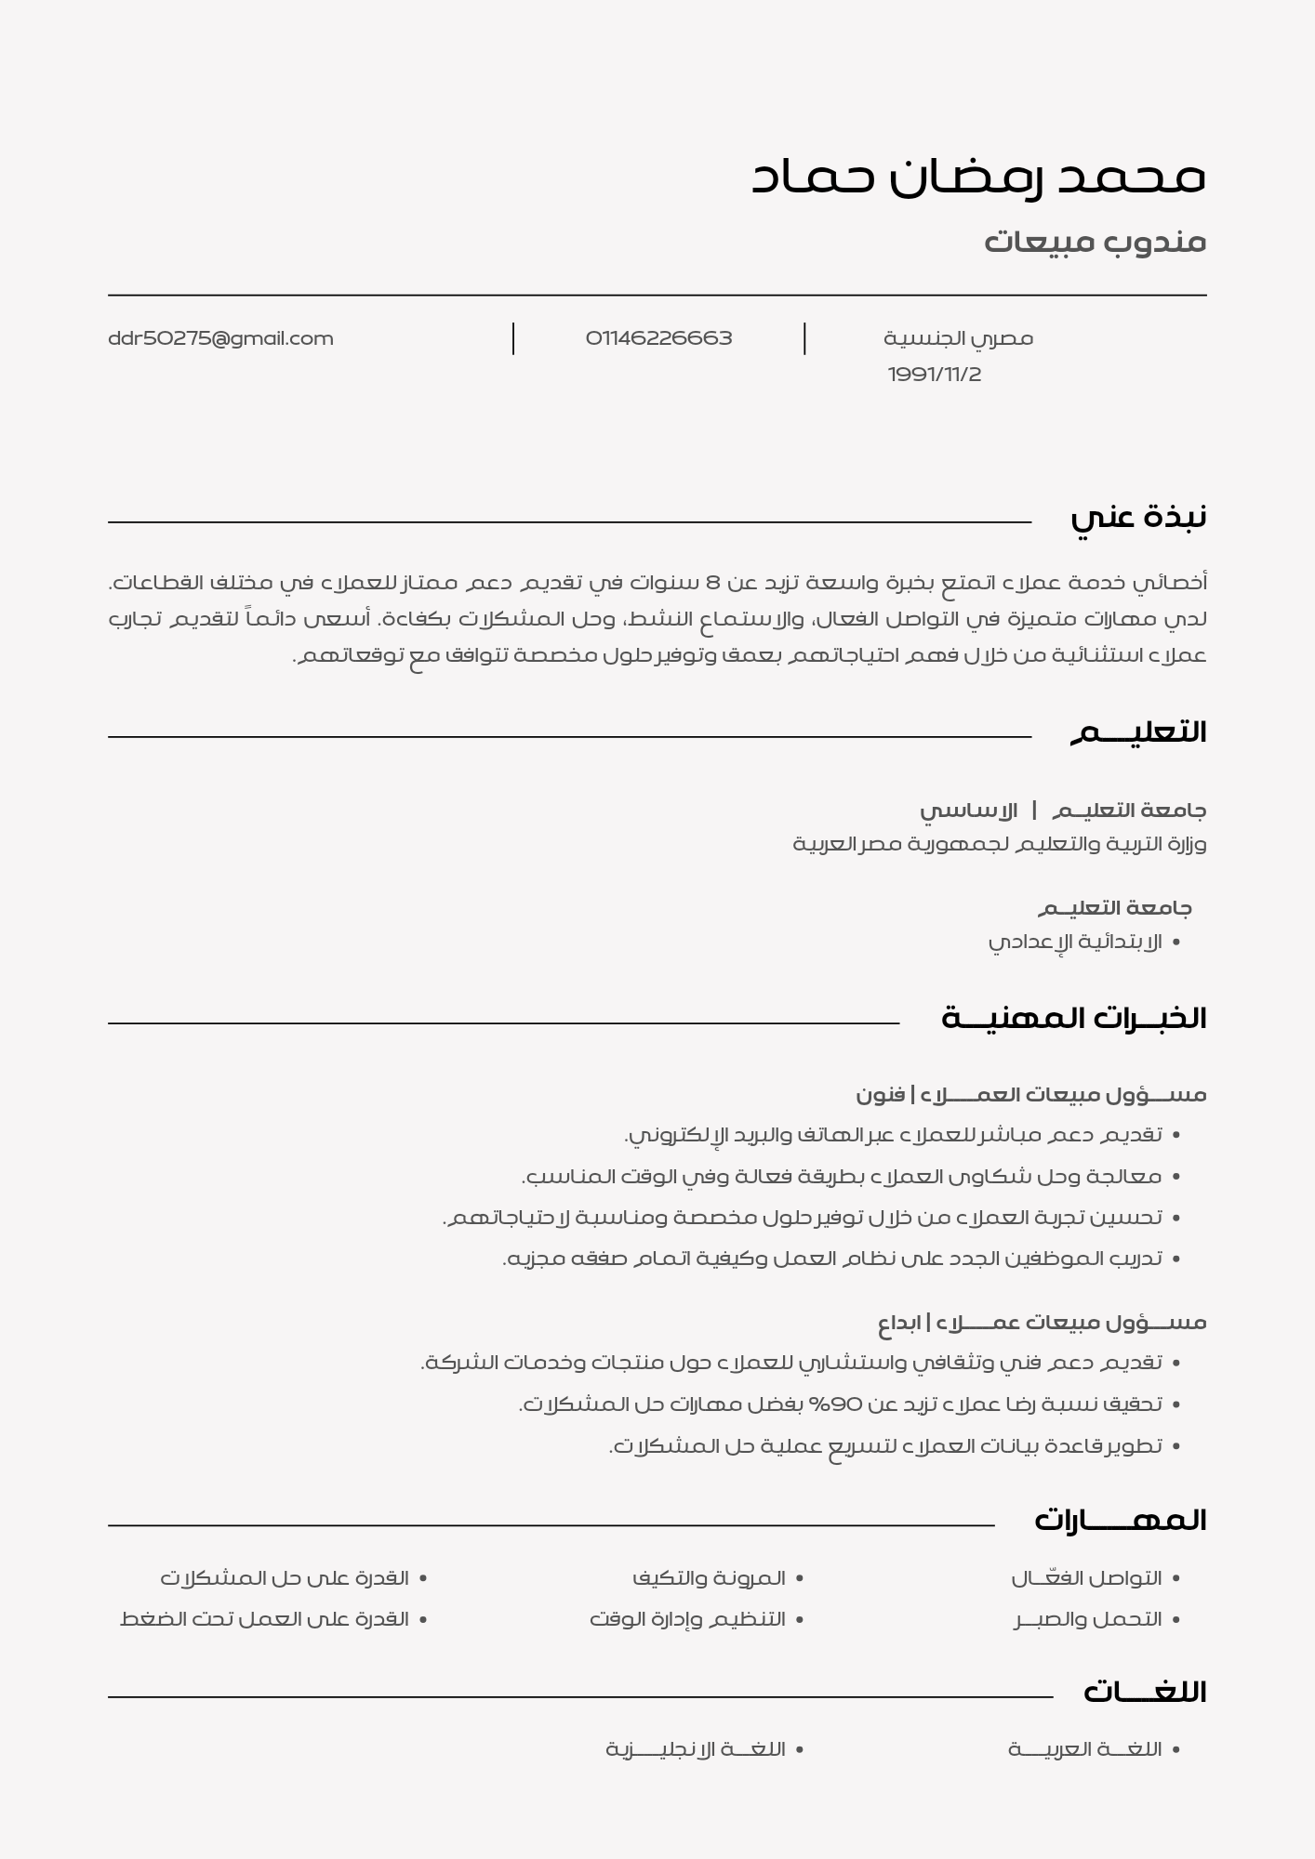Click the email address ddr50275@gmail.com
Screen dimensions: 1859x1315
click(220, 338)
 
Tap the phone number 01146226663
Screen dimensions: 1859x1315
click(658, 338)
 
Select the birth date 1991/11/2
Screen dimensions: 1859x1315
click(934, 375)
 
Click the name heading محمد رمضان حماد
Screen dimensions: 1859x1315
click(978, 176)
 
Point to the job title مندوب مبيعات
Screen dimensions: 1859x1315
click(1095, 242)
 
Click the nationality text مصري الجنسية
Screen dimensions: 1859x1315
click(958, 338)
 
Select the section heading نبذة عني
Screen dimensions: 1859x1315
click(1137, 517)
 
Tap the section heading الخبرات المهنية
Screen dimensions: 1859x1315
click(1073, 1019)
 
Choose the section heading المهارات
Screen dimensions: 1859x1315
click(1120, 1521)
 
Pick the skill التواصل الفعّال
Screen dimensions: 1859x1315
click(1086, 1578)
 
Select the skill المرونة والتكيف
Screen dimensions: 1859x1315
click(709, 1578)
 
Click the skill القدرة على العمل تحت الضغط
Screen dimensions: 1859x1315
click(264, 1619)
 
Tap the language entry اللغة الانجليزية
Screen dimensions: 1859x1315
click(696, 1749)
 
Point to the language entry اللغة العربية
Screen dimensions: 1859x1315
click(1084, 1749)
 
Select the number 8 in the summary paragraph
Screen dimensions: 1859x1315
click(713, 583)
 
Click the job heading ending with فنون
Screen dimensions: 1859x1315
click(1030, 1095)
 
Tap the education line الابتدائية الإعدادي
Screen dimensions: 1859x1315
click(1074, 942)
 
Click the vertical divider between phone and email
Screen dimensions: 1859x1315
click(513, 338)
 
